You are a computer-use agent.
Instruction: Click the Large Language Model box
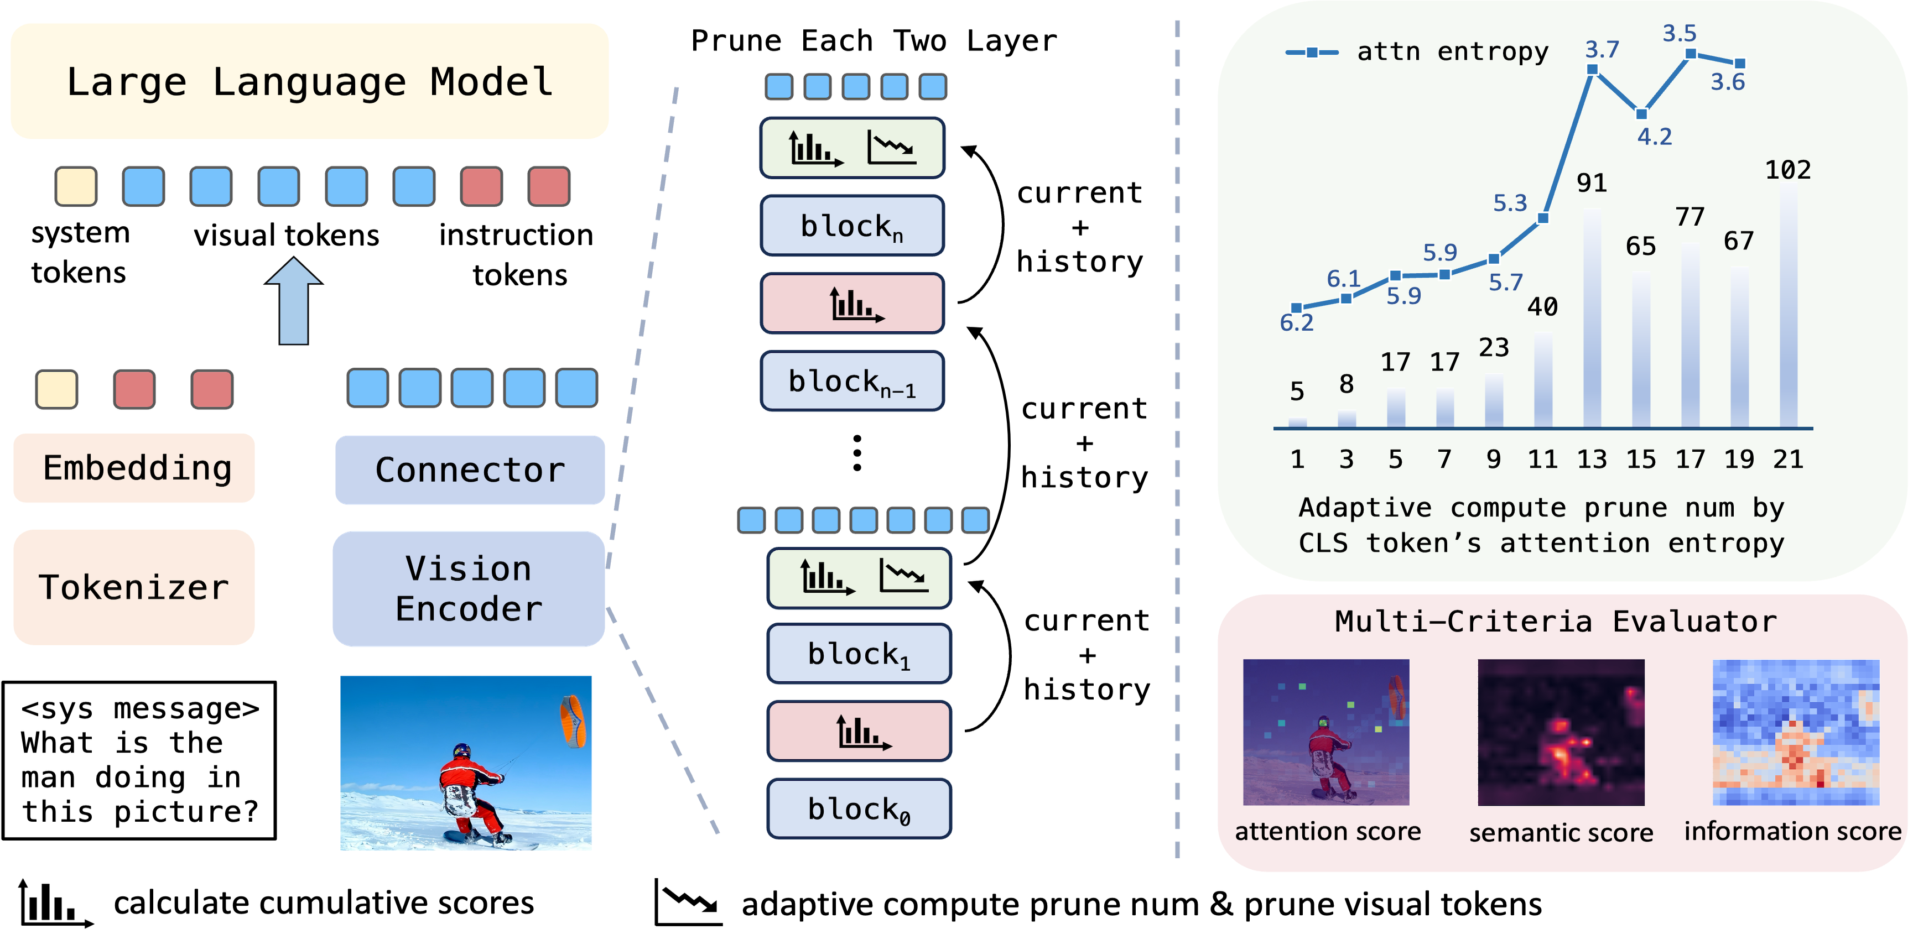[x=310, y=81]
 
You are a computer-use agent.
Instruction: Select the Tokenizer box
[x=134, y=587]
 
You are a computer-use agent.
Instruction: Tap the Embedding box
[x=134, y=468]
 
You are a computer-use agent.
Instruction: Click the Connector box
[x=469, y=470]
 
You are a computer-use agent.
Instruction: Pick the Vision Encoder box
[x=469, y=588]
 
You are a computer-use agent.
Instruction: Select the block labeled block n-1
[x=852, y=381]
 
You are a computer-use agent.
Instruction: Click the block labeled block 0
[x=859, y=808]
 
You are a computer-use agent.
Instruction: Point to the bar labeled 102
[x=1788, y=304]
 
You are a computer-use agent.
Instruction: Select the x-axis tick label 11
[x=1542, y=460]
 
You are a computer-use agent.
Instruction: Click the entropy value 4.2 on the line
[x=1655, y=137]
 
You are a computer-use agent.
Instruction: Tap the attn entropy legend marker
[x=1312, y=52]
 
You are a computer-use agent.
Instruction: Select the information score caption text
[x=1792, y=831]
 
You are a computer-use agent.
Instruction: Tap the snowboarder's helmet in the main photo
[x=461, y=750]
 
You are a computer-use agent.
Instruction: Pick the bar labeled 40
[x=1542, y=379]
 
